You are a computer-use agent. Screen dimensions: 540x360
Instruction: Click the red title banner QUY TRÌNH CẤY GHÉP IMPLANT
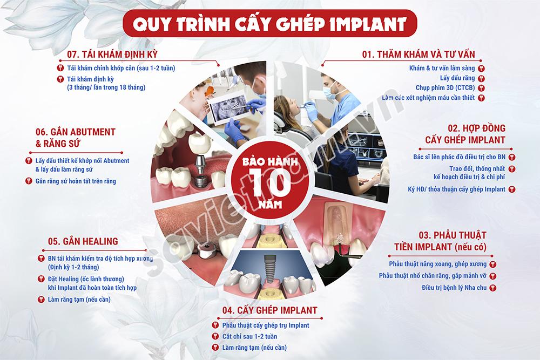(269, 23)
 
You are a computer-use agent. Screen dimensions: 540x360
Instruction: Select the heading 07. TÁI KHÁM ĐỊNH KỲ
(112, 55)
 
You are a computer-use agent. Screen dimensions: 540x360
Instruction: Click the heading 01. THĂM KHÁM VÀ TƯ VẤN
(418, 55)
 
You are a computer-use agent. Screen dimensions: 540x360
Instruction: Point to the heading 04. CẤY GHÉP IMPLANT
(269, 310)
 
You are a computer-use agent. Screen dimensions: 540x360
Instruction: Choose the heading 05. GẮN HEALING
(83, 241)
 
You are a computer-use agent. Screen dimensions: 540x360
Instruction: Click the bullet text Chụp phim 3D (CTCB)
(446, 88)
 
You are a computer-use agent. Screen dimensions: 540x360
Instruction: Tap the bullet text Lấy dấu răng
(457, 78)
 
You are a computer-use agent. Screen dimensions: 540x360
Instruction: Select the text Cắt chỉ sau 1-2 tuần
(249, 337)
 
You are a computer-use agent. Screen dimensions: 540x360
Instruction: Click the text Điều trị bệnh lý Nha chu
(454, 287)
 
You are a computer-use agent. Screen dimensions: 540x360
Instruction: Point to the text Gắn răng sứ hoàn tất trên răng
(76, 181)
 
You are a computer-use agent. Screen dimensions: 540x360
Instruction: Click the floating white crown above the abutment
(200, 143)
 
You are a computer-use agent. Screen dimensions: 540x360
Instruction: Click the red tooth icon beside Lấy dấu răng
(481, 78)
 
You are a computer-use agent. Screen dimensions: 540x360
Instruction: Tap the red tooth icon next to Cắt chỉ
(215, 337)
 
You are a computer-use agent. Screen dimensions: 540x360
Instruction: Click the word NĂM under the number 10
(271, 205)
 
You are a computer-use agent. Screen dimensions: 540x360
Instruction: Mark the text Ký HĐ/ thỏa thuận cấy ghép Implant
(457, 189)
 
